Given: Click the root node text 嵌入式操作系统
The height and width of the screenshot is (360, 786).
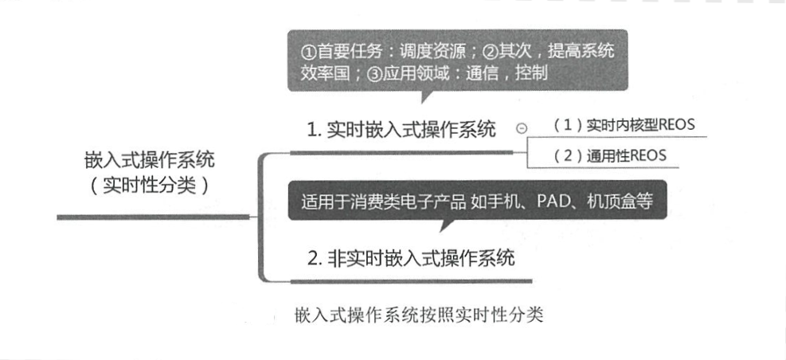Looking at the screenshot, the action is [x=149, y=160].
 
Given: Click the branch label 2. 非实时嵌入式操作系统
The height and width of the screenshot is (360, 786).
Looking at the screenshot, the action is [x=411, y=258].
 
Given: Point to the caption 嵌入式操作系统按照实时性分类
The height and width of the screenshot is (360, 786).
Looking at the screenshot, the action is [x=418, y=314].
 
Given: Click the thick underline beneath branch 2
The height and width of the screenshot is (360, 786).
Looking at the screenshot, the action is [x=411, y=280].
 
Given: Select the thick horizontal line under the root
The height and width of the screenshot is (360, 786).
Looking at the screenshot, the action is [x=151, y=217].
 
